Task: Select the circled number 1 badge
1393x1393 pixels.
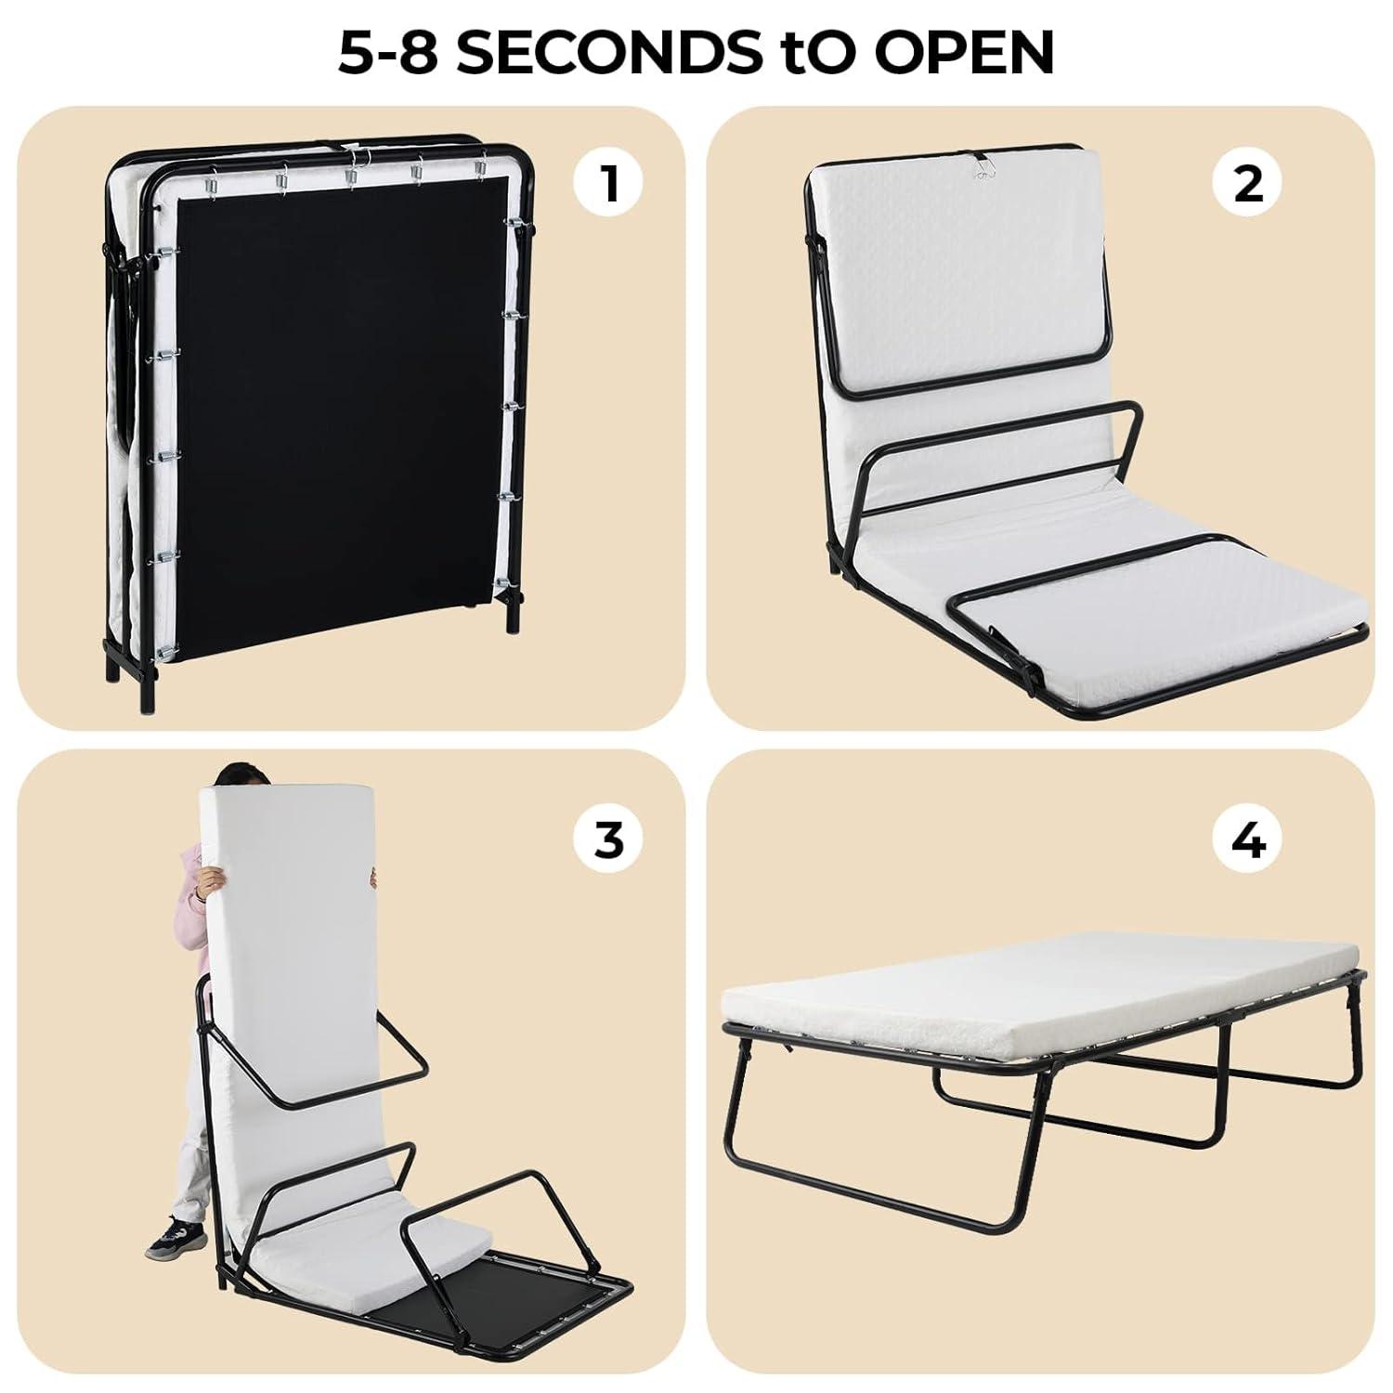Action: (x=608, y=183)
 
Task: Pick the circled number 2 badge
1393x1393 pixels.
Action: (x=1248, y=183)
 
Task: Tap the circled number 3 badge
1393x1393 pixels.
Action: (x=608, y=840)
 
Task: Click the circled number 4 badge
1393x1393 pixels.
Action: (x=1248, y=840)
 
